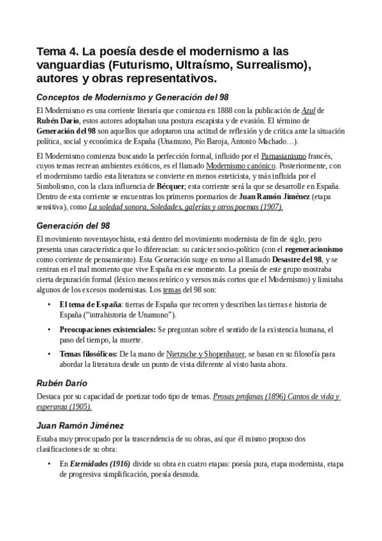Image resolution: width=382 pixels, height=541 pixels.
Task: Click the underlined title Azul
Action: pyautogui.click(x=310, y=110)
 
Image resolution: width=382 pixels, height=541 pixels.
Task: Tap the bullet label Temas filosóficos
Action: pyautogui.click(x=87, y=355)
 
